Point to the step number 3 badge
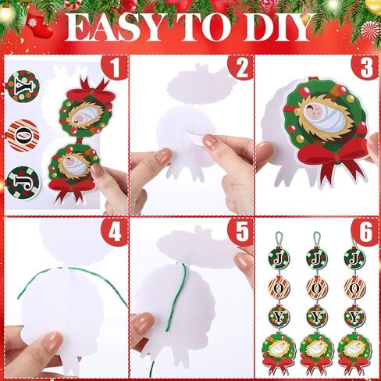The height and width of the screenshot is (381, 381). (x=365, y=67)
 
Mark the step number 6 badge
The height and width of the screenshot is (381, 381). (x=365, y=231)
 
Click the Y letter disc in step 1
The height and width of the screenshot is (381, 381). (x=23, y=86)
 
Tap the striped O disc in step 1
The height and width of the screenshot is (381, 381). (x=23, y=136)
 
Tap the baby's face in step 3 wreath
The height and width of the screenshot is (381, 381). (x=315, y=112)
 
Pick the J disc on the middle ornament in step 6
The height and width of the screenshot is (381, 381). (x=316, y=258)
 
